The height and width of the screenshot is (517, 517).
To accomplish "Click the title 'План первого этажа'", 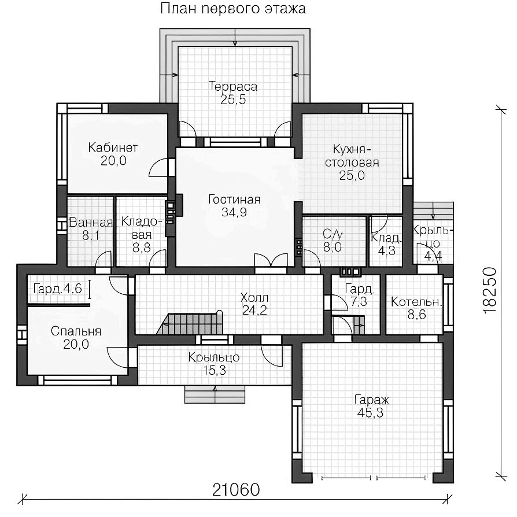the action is (x=233, y=9).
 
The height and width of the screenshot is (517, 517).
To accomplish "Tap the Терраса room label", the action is (x=233, y=86).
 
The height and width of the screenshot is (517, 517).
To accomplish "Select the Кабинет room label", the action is (x=113, y=147).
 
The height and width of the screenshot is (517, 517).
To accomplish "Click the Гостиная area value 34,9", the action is (x=234, y=212).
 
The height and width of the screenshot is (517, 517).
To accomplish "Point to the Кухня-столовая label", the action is (x=352, y=156).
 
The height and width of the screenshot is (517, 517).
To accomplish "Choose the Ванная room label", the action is (x=91, y=223).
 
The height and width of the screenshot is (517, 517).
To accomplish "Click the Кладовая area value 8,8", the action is (x=142, y=248).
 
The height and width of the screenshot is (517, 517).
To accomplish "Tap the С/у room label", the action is (x=333, y=234).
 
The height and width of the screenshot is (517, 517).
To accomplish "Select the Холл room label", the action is (x=254, y=298).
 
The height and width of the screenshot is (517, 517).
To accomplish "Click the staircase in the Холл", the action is (x=190, y=323).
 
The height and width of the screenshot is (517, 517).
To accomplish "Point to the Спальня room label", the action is (x=76, y=331).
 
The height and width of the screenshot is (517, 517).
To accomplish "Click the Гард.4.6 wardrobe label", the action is (x=57, y=289).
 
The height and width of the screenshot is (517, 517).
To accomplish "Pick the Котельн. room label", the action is (x=416, y=302).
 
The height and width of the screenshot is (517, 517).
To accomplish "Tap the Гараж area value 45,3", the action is (x=370, y=413).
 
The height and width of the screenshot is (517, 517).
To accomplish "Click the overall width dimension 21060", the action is (x=236, y=490).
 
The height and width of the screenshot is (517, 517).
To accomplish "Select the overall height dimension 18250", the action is (x=489, y=290).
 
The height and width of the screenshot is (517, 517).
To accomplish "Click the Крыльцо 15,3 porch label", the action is (x=214, y=364).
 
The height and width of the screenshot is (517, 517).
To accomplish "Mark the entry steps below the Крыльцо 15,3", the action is (x=215, y=394).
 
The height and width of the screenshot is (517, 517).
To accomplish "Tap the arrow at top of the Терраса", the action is (x=235, y=37).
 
